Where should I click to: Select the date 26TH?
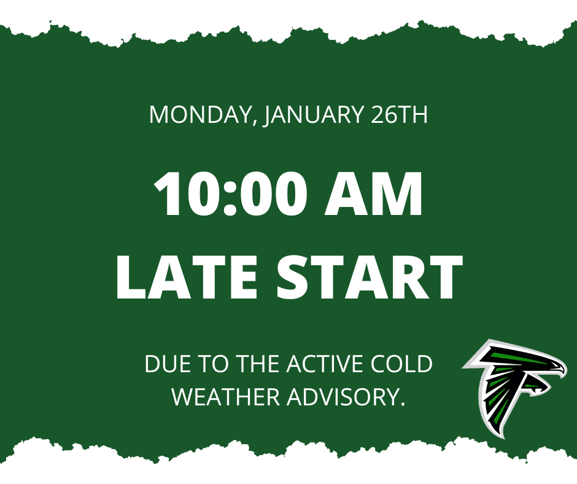[400, 115]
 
